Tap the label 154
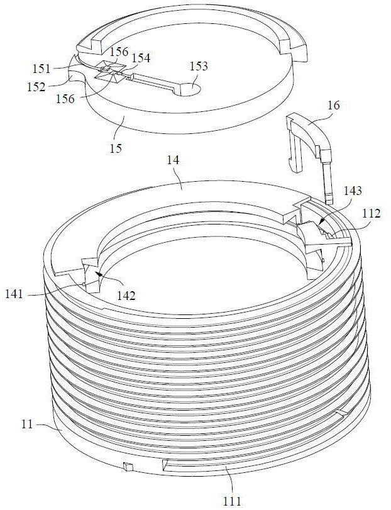141,58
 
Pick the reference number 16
333,105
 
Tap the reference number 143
351,189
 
